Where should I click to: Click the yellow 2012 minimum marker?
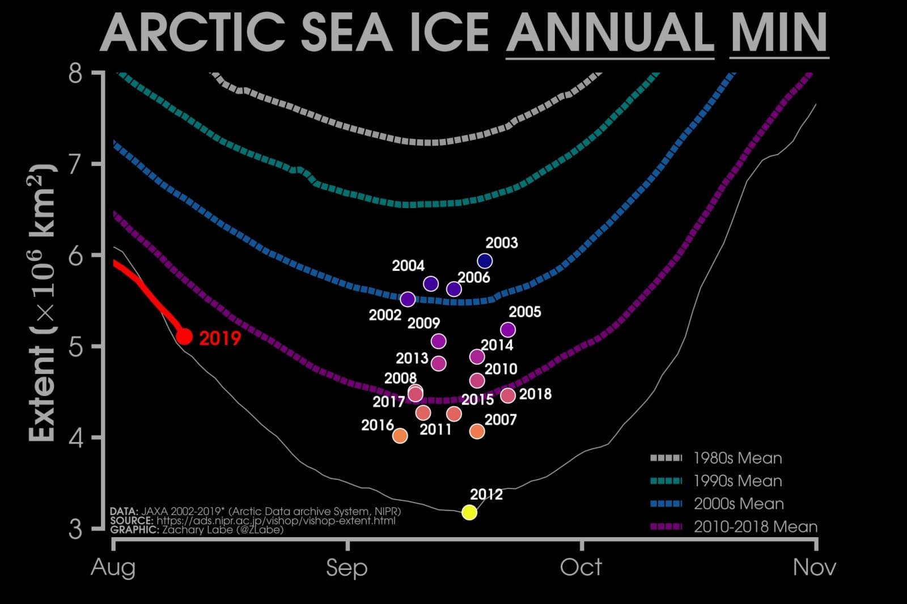469,512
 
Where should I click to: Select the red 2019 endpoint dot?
184,337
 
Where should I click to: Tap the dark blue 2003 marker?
485,261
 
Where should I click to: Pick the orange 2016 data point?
400,435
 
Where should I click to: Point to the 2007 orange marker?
477,431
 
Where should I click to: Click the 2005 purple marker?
508,329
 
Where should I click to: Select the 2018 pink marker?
508,395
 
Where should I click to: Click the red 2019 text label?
220,338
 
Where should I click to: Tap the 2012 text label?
486,494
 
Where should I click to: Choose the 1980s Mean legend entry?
738,458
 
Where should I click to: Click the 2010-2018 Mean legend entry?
756,526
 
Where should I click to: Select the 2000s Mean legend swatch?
666,504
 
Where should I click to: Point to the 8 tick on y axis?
76,74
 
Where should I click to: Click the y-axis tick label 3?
76,529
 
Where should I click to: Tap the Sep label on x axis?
346,567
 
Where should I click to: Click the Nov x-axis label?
815,567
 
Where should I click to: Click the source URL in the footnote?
276,520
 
